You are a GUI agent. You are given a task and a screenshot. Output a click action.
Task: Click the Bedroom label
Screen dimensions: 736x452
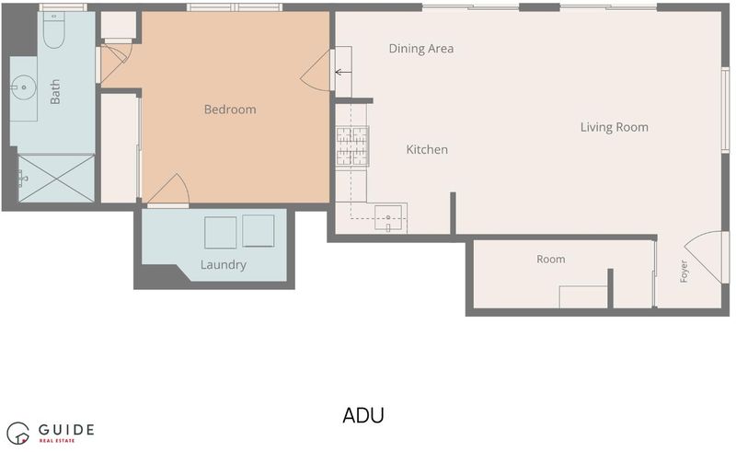[230, 110]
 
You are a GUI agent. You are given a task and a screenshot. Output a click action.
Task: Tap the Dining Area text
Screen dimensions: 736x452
[421, 49]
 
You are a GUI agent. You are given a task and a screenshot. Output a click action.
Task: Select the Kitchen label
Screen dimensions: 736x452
[427, 149]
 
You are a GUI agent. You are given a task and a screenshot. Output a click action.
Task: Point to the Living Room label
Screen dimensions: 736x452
[614, 127]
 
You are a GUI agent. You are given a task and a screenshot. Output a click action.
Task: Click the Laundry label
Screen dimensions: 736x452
[223, 265]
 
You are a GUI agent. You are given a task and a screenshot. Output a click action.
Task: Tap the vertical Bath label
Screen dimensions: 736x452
[55, 91]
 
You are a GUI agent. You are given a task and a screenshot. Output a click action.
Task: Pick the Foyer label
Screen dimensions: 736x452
[684, 271]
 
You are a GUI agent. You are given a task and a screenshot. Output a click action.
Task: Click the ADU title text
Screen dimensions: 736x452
[363, 415]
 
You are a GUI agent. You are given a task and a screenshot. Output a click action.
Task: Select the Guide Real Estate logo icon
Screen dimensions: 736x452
[17, 433]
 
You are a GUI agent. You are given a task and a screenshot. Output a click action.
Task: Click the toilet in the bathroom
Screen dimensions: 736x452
[53, 30]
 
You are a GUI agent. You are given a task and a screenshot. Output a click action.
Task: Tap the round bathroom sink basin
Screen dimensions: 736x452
[24, 87]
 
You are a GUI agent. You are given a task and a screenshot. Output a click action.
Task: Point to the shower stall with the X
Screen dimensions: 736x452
[56, 179]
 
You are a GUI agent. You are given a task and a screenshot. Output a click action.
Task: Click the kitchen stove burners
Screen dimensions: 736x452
[352, 146]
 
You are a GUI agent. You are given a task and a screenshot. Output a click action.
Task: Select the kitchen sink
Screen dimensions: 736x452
[388, 218]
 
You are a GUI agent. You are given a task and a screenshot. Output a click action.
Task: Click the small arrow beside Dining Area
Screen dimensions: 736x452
[343, 73]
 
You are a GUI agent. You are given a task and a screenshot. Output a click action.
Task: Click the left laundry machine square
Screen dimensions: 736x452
[221, 232]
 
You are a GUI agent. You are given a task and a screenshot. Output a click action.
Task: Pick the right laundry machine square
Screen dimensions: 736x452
[259, 231]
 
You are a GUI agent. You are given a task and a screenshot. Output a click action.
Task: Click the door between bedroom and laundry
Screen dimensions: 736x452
[168, 191]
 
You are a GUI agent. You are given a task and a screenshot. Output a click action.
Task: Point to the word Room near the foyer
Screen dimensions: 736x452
[550, 259]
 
